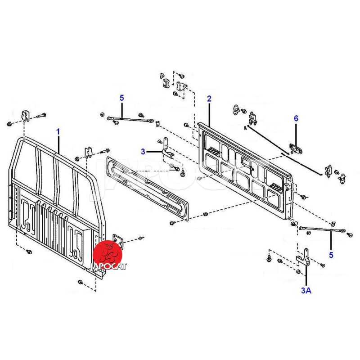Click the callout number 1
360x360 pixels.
click(58, 132)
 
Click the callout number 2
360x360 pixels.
click(209, 99)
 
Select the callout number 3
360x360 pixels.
click(143, 152)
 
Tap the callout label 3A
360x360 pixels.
click(306, 290)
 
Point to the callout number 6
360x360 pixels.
click(296, 118)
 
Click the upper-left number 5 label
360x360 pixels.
click(121, 98)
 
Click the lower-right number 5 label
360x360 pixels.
click(331, 255)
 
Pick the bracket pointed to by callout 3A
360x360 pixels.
click(304, 257)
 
